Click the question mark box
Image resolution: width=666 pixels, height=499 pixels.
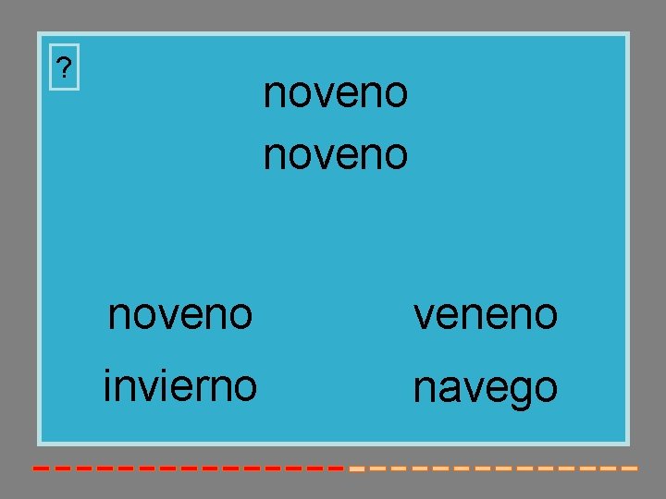[x=63, y=67]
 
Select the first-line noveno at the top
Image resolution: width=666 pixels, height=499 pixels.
[x=335, y=93]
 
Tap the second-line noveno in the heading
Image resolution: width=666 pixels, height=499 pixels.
[x=335, y=154]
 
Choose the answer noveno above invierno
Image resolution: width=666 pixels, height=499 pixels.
[x=180, y=315]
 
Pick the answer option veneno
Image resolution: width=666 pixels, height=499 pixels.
[x=486, y=315]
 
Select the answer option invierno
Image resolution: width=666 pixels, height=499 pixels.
[x=180, y=384]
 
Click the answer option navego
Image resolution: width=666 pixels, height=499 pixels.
[x=486, y=388]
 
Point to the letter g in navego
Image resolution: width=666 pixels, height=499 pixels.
[x=521, y=392]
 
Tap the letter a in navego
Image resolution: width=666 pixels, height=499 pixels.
[x=450, y=388]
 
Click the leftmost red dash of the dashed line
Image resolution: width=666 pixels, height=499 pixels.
[x=41, y=469]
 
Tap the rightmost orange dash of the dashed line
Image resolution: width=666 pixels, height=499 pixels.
[x=630, y=469]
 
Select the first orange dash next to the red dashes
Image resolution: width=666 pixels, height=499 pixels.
[x=356, y=469]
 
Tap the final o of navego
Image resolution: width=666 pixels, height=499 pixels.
[x=546, y=388]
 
